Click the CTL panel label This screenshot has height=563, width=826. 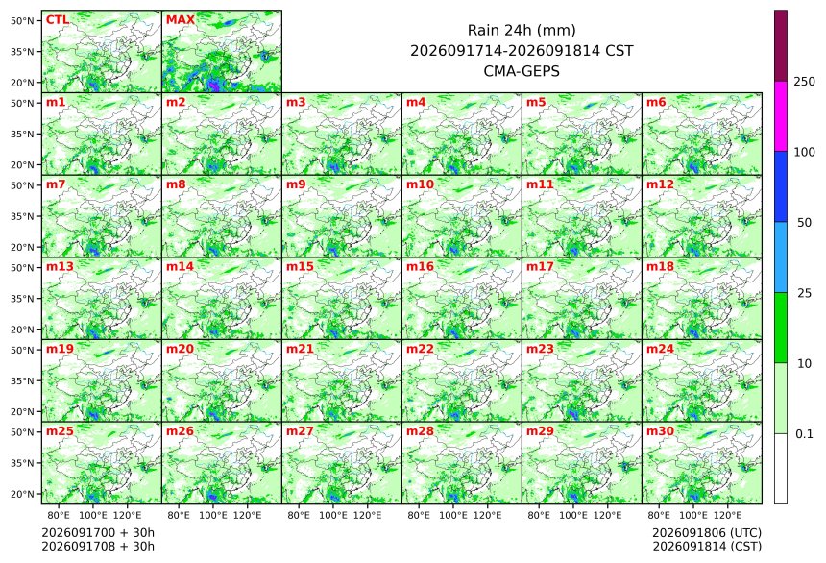click(x=58, y=20)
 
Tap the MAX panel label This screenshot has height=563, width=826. click(x=181, y=20)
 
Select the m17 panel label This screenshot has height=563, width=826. click(x=540, y=267)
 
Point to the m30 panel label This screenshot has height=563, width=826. click(x=660, y=431)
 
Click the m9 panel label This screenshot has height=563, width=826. click(x=296, y=184)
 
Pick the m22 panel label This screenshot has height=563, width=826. click(x=420, y=349)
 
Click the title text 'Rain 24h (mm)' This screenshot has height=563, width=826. click(x=522, y=30)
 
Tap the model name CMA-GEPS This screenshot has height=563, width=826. click(x=522, y=71)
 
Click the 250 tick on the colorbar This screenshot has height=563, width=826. click(x=804, y=82)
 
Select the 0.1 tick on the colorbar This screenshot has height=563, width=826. click(x=804, y=434)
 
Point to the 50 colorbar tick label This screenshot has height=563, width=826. click(x=804, y=223)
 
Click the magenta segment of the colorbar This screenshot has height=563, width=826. click(x=781, y=116)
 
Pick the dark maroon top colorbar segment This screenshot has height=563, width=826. click(x=781, y=46)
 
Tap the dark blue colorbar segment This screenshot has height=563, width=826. click(x=781, y=187)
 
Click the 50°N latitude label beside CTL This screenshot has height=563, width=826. click(x=22, y=20)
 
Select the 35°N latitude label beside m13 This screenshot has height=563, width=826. click(x=22, y=299)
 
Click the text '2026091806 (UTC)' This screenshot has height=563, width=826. click(x=707, y=532)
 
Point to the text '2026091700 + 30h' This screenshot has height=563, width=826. click(x=98, y=532)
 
